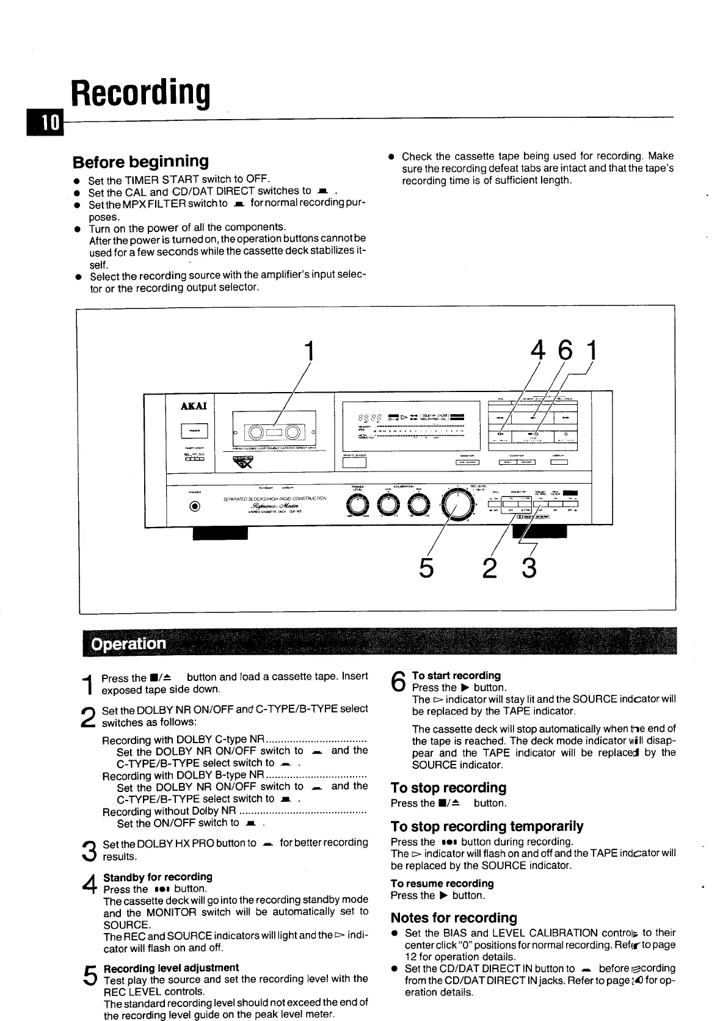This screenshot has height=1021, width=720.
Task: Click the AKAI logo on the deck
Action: tap(194, 406)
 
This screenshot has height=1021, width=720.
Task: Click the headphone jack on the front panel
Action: tap(195, 506)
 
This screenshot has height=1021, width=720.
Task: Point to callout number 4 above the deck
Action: tap(539, 351)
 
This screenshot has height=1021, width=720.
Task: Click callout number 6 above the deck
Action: tap(566, 351)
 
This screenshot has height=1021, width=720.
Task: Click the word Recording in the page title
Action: tap(140, 93)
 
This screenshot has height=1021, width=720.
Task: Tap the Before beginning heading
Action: tap(140, 162)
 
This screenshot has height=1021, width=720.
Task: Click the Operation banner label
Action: tap(128, 644)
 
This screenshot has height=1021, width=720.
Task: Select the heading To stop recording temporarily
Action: tap(487, 826)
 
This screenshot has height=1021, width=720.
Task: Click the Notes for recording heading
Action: tap(453, 918)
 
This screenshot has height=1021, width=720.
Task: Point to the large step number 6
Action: tap(398, 681)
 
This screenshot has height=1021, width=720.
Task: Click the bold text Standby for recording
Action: tap(158, 877)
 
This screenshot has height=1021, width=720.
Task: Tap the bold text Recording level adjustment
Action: tap(171, 968)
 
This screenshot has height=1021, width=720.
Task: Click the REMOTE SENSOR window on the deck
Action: tap(354, 462)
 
